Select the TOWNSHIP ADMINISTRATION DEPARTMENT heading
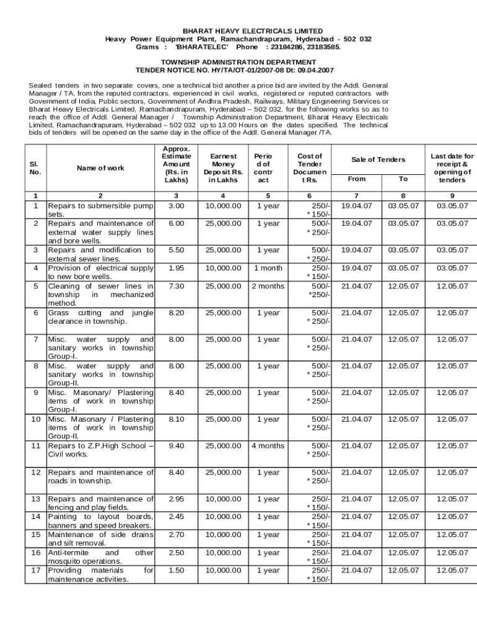point(239,63)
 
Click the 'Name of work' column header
point(100,168)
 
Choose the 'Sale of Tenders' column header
point(378,159)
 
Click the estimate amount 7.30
point(177,286)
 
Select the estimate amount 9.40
point(177,445)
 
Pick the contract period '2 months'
point(268,286)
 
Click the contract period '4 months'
point(268,445)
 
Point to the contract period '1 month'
point(268,268)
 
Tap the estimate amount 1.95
point(177,268)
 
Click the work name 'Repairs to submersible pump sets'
point(100,209)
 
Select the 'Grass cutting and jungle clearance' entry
point(100,317)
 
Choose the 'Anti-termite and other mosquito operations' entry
point(100,557)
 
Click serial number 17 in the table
point(36,571)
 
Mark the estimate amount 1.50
point(177,571)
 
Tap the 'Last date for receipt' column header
point(452,168)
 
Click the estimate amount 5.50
point(177,250)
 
